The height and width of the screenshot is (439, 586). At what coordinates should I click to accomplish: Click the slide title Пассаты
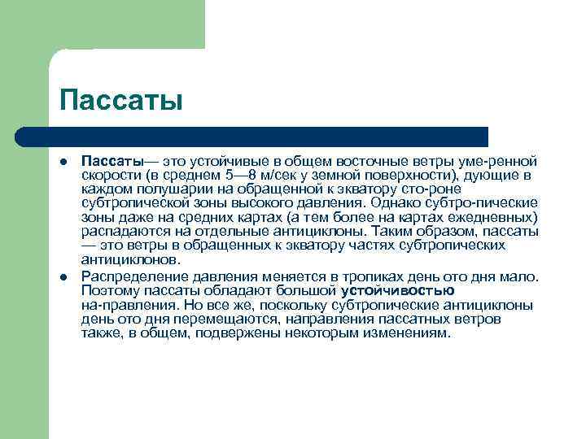121,100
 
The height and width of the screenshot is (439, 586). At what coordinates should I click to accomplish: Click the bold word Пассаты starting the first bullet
112,163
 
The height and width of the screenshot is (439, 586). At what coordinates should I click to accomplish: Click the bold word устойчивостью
397,290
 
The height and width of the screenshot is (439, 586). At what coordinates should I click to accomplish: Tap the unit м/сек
291,176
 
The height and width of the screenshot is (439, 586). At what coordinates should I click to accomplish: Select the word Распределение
133,277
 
